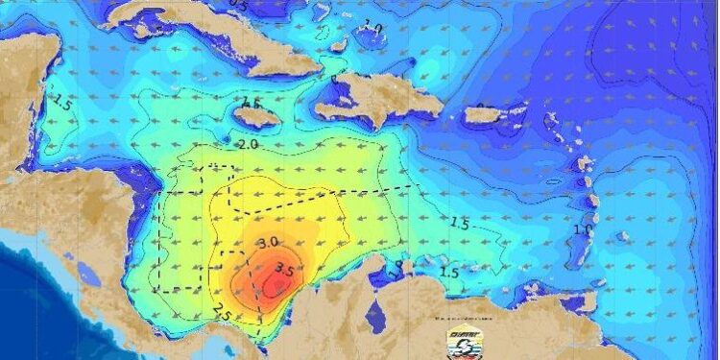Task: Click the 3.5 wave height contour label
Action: tap(284, 268)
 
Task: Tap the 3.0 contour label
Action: tap(269, 241)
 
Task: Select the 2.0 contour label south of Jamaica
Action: tap(248, 144)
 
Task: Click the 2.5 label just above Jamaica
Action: tap(252, 103)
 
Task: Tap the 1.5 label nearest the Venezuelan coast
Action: tap(448, 272)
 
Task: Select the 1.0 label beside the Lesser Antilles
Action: tap(582, 230)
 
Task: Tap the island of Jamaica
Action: tap(256, 116)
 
